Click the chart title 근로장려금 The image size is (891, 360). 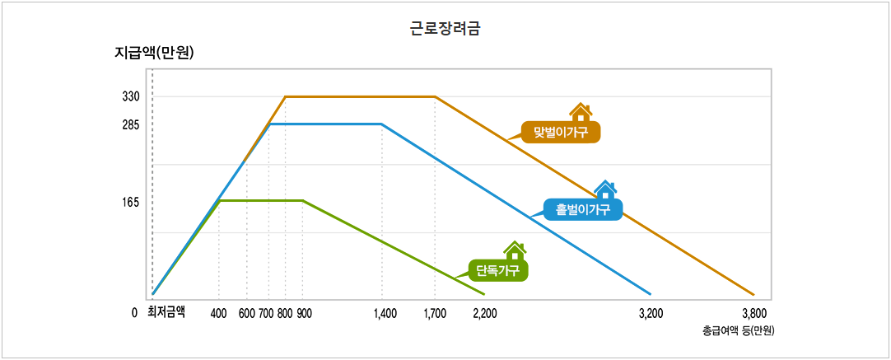tap(445, 29)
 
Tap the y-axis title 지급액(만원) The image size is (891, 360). tap(154, 54)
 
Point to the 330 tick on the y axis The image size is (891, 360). tap(131, 97)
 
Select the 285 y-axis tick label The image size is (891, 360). tap(131, 124)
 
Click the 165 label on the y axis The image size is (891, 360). tap(131, 202)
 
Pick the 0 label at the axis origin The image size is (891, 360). tap(134, 314)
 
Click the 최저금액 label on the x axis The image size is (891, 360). tap(166, 313)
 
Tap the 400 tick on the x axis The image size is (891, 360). tap(218, 314)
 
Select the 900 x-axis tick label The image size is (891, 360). tap(304, 314)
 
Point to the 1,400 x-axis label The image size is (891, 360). tap(385, 314)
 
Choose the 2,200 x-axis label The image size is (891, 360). tap(485, 314)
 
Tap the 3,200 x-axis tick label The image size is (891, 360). tap(651, 314)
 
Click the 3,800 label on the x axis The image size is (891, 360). tap(753, 314)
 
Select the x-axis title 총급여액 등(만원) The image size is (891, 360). tap(739, 331)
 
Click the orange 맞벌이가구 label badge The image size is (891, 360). tap(561, 132)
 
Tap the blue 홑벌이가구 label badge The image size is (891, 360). tap(583, 209)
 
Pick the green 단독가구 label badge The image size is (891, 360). tap(498, 269)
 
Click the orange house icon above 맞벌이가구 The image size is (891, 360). tap(581, 112)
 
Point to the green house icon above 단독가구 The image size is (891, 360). tap(515, 250)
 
